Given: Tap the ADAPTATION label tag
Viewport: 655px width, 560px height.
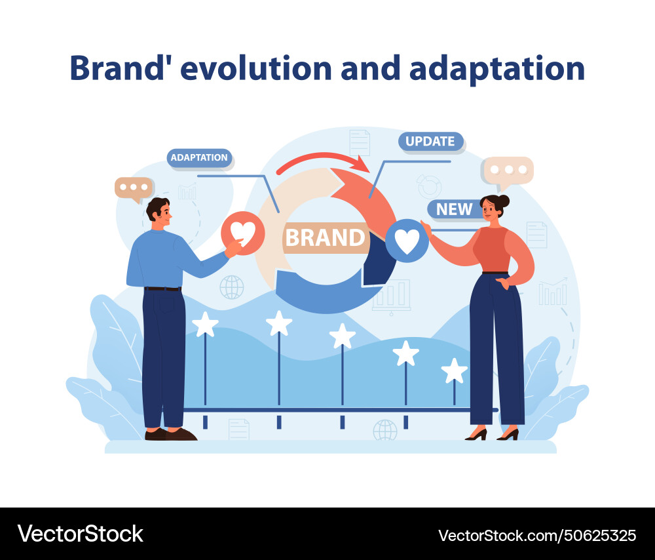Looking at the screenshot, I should (199, 157).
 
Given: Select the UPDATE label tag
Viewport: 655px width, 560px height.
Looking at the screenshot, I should (430, 141).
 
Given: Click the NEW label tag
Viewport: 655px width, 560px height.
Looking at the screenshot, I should (454, 209).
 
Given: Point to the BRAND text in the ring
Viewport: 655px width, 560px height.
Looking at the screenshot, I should (325, 237).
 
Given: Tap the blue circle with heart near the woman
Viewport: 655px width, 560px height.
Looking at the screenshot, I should (407, 241).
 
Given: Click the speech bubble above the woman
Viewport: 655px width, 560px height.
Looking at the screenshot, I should (509, 170).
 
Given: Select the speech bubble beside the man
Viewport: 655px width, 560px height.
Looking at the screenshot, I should (134, 188).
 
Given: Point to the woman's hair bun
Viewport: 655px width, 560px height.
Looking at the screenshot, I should (503, 202).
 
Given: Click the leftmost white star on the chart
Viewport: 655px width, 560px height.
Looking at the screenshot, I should (205, 324).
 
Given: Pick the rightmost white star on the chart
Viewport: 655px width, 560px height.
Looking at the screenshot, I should (454, 370).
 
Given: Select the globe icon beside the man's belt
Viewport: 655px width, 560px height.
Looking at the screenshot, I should (232, 287).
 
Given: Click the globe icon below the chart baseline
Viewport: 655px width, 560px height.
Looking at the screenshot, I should (385, 430).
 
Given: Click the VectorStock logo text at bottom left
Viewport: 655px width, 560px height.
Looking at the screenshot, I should (81, 533).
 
